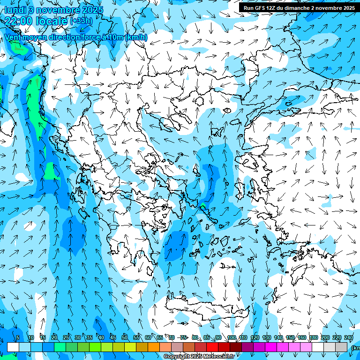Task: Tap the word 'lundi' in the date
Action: [x=15, y=10]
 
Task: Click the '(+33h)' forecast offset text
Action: [x=81, y=21]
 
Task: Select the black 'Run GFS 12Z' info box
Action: [x=299, y=7]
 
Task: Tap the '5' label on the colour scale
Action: [x=18, y=337]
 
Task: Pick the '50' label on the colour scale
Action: [x=125, y=337]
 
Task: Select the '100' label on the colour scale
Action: [x=231, y=337]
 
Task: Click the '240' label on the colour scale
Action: [x=349, y=337]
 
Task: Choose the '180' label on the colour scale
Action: [x=313, y=337]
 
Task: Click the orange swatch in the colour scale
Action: [x=154, y=347]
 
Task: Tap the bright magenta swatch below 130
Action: [x=271, y=347]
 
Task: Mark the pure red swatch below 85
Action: [x=212, y=347]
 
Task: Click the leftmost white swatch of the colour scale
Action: [x=13, y=347]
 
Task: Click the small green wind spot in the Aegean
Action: [x=202, y=207]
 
